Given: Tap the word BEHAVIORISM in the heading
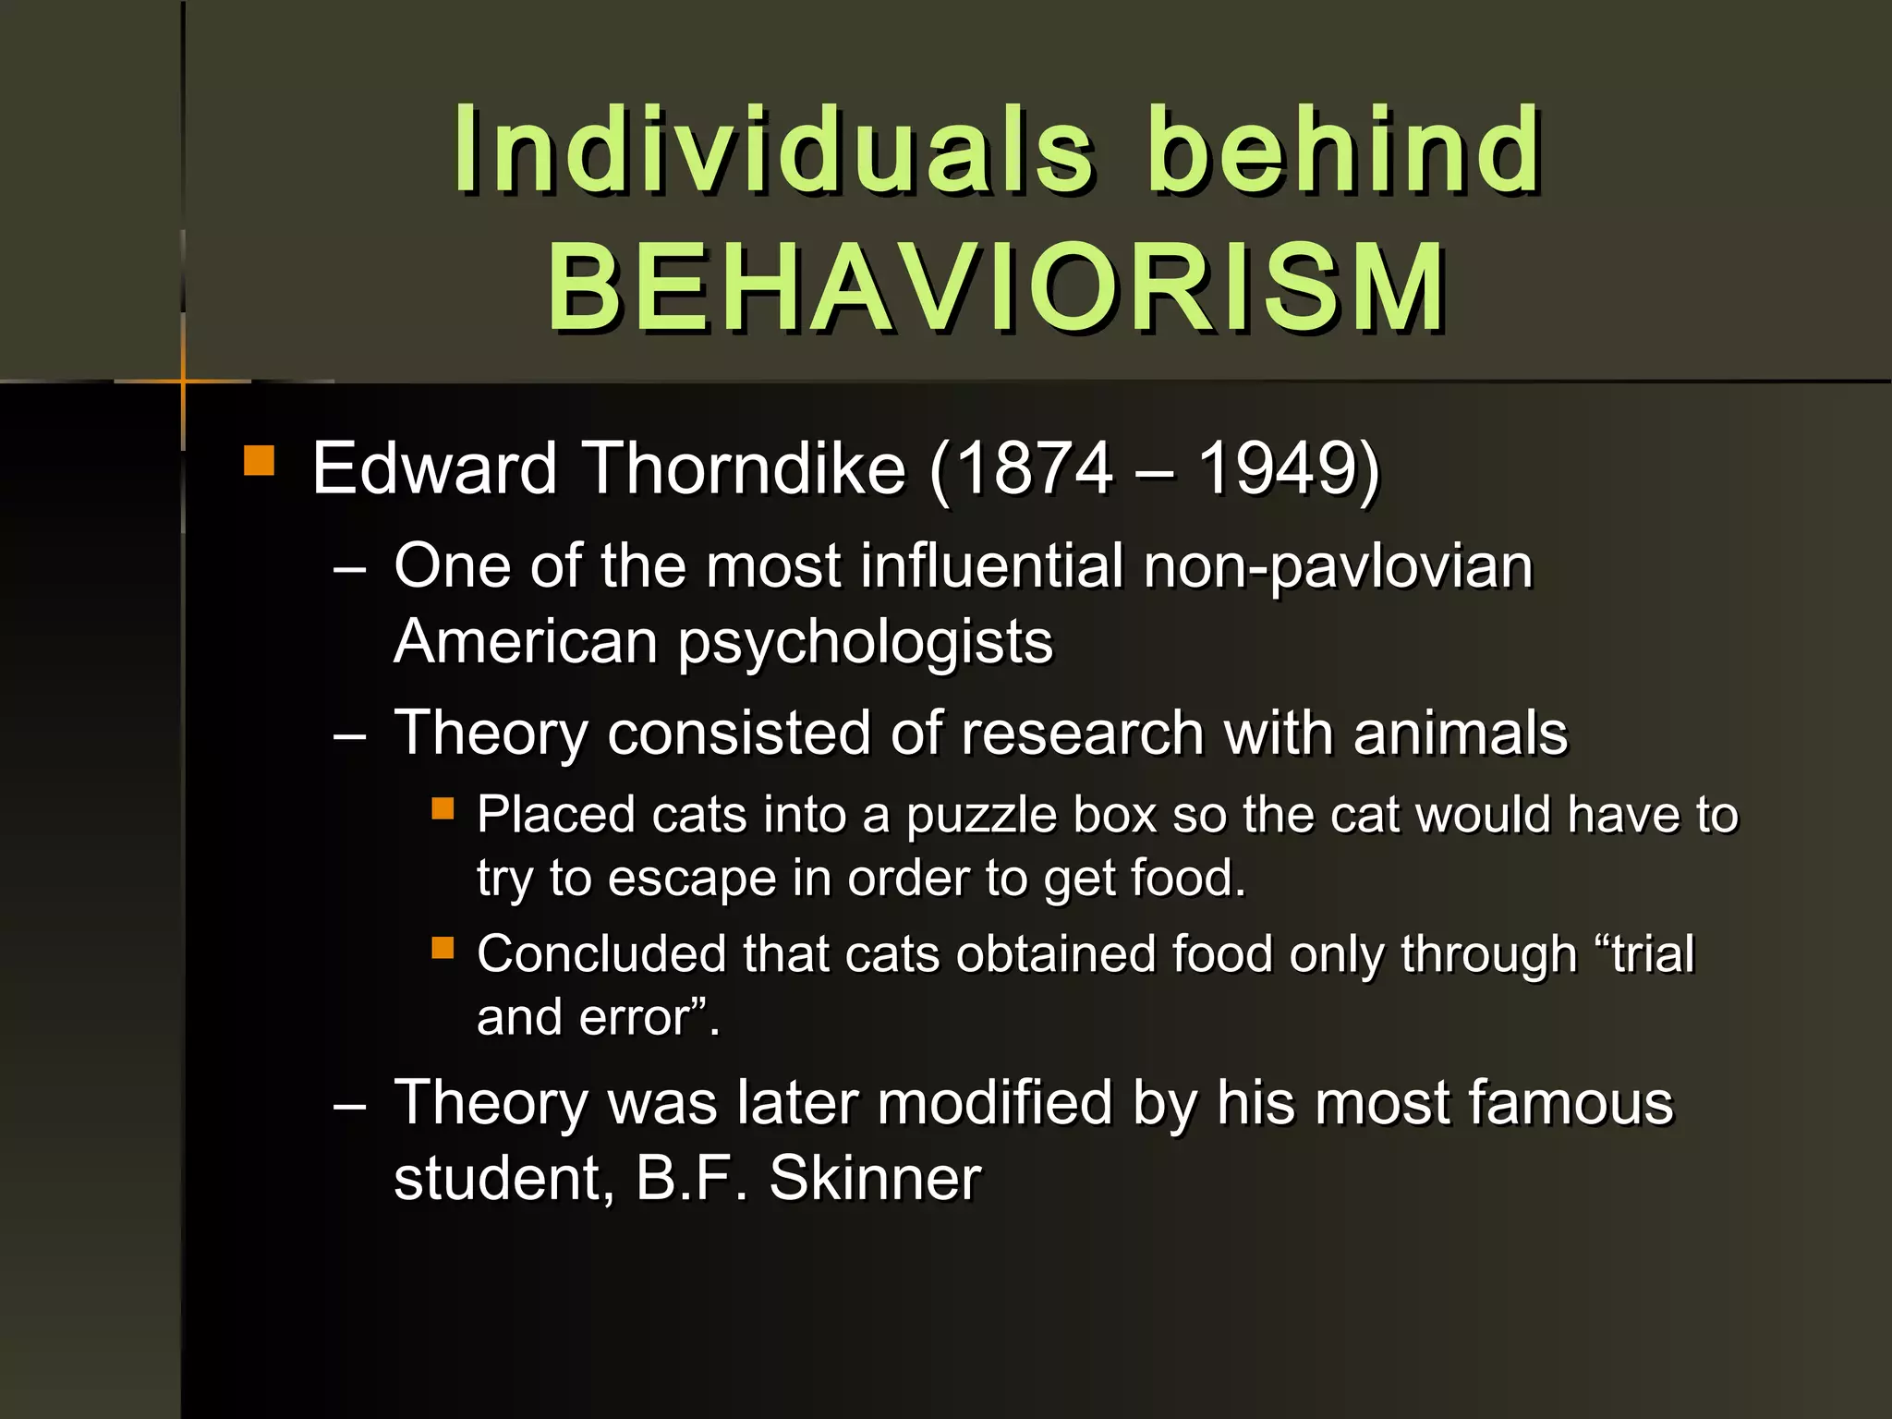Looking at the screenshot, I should point(996,288).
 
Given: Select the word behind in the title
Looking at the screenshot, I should point(1344,150).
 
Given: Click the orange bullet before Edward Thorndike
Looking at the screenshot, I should point(260,461).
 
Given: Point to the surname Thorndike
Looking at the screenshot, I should point(746,468).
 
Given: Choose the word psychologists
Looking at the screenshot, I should point(865,642).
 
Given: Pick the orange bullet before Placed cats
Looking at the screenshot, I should point(443,809).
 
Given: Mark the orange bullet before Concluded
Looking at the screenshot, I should point(443,948).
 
